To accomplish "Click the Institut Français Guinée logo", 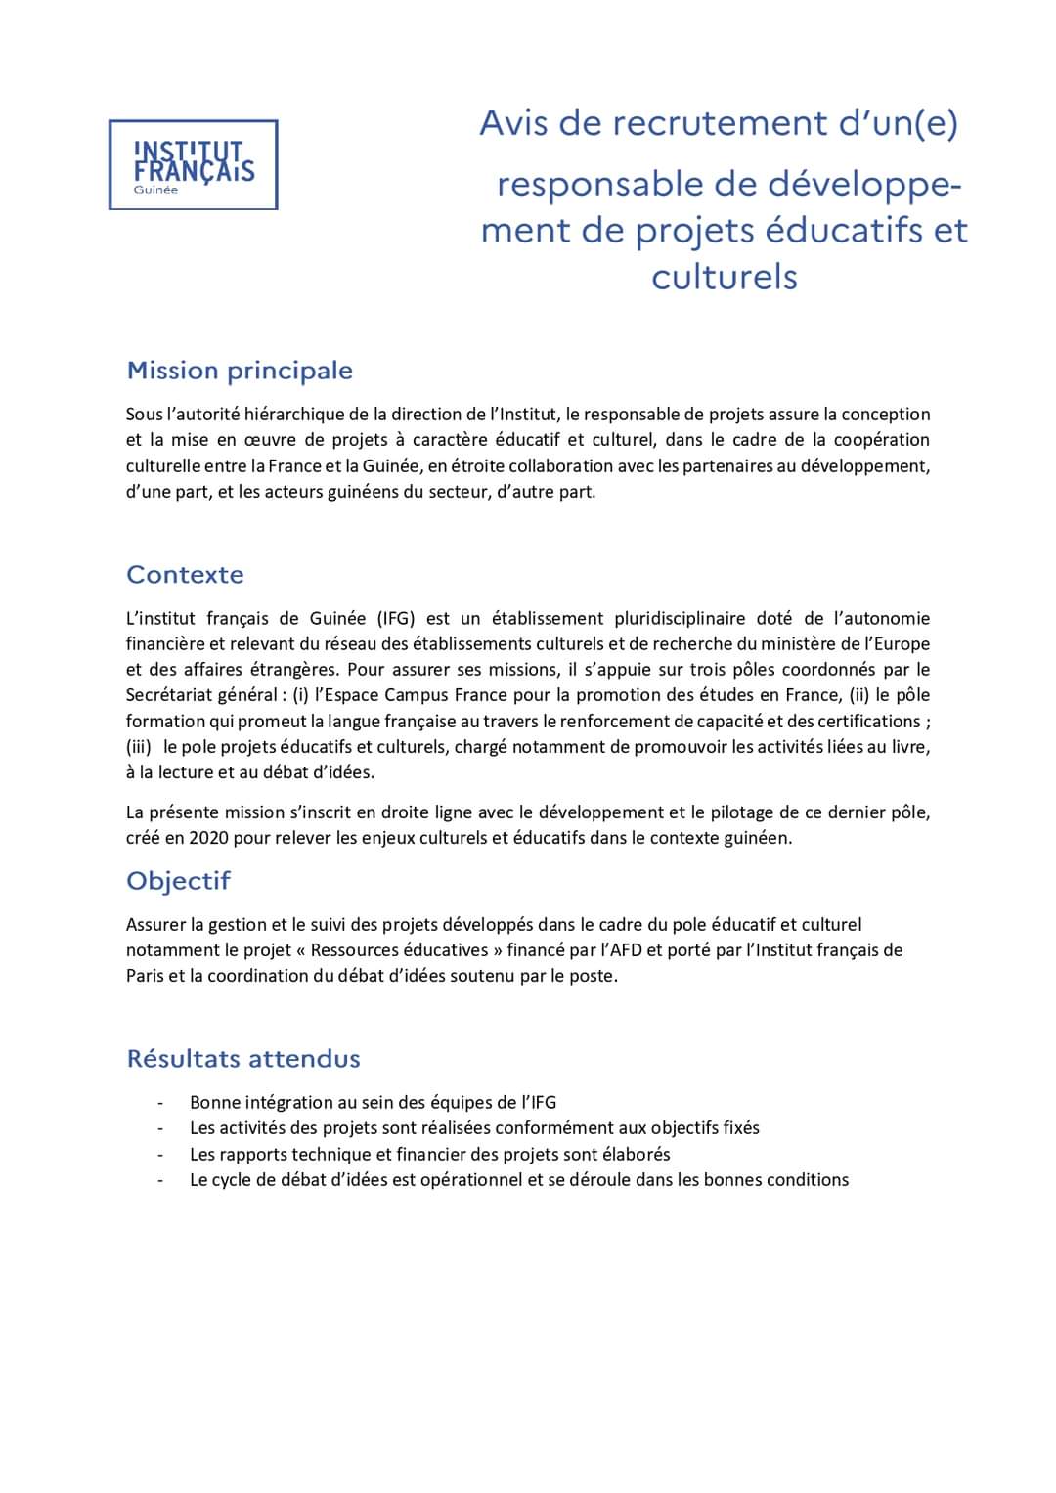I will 193,164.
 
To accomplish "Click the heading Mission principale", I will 240,371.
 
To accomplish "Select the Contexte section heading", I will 185,574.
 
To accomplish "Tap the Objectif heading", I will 178,880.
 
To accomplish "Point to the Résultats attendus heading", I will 243,1058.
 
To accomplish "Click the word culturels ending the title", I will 725,277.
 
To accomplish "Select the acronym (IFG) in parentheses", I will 382,618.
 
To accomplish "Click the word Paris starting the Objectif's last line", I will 145,976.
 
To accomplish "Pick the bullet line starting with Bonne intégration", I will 373,1102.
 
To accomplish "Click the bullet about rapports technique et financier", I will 429,1154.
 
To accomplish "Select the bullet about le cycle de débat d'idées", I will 518,1179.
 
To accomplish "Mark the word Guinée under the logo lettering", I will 156,190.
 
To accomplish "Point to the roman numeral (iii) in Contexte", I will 139,747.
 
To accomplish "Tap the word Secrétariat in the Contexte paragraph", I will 169,695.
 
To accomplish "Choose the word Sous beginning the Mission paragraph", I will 145,415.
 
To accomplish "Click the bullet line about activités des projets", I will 474,1127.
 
